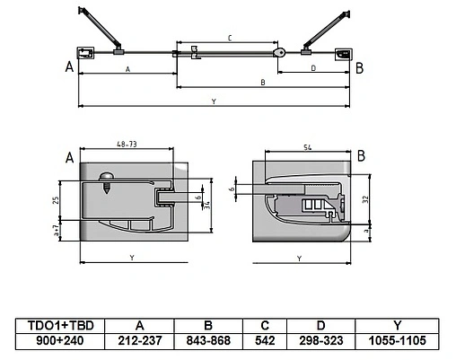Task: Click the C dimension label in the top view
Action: tap(230, 39)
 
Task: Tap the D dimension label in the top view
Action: tap(312, 68)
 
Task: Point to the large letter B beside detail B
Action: tap(360, 156)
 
